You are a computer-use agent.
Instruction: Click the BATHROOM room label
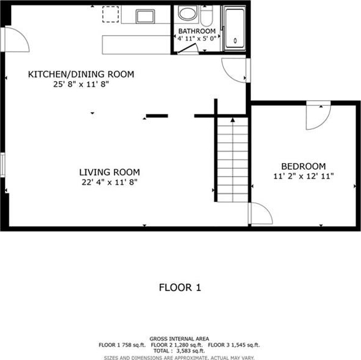click(197, 31)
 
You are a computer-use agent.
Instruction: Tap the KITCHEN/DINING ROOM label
click(81, 74)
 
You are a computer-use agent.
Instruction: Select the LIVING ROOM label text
click(109, 172)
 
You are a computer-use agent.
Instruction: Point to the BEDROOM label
click(303, 166)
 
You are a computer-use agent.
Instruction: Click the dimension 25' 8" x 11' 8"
click(81, 84)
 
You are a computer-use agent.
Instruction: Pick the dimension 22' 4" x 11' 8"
click(109, 182)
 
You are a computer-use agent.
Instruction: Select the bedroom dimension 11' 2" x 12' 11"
click(303, 176)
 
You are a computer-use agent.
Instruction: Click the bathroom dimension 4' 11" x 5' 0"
click(197, 38)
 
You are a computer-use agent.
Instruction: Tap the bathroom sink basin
click(188, 13)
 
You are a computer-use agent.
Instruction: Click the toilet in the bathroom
click(207, 15)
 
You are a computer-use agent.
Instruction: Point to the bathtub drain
click(235, 41)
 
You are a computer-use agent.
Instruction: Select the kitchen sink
click(145, 17)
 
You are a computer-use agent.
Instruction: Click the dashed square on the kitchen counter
click(111, 14)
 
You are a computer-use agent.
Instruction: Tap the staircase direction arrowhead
click(232, 120)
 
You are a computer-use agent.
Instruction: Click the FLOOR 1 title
click(180, 287)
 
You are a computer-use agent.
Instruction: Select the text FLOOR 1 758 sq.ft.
click(122, 345)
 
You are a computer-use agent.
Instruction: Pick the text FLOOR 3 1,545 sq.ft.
click(234, 345)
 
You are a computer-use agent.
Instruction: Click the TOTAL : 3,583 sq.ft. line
click(179, 351)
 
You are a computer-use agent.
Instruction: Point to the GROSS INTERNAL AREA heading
click(180, 339)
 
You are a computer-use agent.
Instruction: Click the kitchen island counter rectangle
click(137, 45)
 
